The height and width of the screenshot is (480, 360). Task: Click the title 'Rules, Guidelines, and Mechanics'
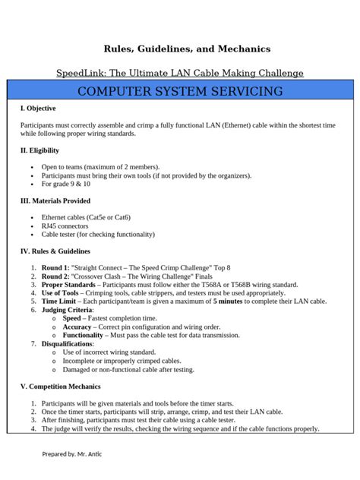(180, 49)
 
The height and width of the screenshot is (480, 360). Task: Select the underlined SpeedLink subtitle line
(180, 73)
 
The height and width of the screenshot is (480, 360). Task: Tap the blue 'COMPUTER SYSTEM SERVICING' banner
(180, 92)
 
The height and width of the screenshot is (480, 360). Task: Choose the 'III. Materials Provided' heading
(55, 201)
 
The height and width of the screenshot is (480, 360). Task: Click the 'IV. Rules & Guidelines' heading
(55, 251)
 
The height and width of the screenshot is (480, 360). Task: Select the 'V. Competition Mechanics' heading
(61, 387)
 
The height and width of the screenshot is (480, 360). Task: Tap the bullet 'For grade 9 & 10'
(66, 184)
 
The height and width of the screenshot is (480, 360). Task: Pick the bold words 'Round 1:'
(55, 268)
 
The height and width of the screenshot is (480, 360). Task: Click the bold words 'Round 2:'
(55, 276)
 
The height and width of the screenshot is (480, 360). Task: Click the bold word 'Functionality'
(83, 335)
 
